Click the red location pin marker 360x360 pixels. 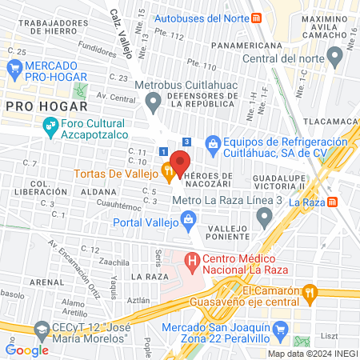180,162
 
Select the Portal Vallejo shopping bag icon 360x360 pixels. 188,218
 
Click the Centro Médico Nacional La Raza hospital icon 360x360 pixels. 192,261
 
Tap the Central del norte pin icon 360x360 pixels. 335,56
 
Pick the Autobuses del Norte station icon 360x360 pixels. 255,18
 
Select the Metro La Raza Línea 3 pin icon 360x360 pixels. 263,217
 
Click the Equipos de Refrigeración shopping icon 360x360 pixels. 214,143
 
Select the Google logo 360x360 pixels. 26,350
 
